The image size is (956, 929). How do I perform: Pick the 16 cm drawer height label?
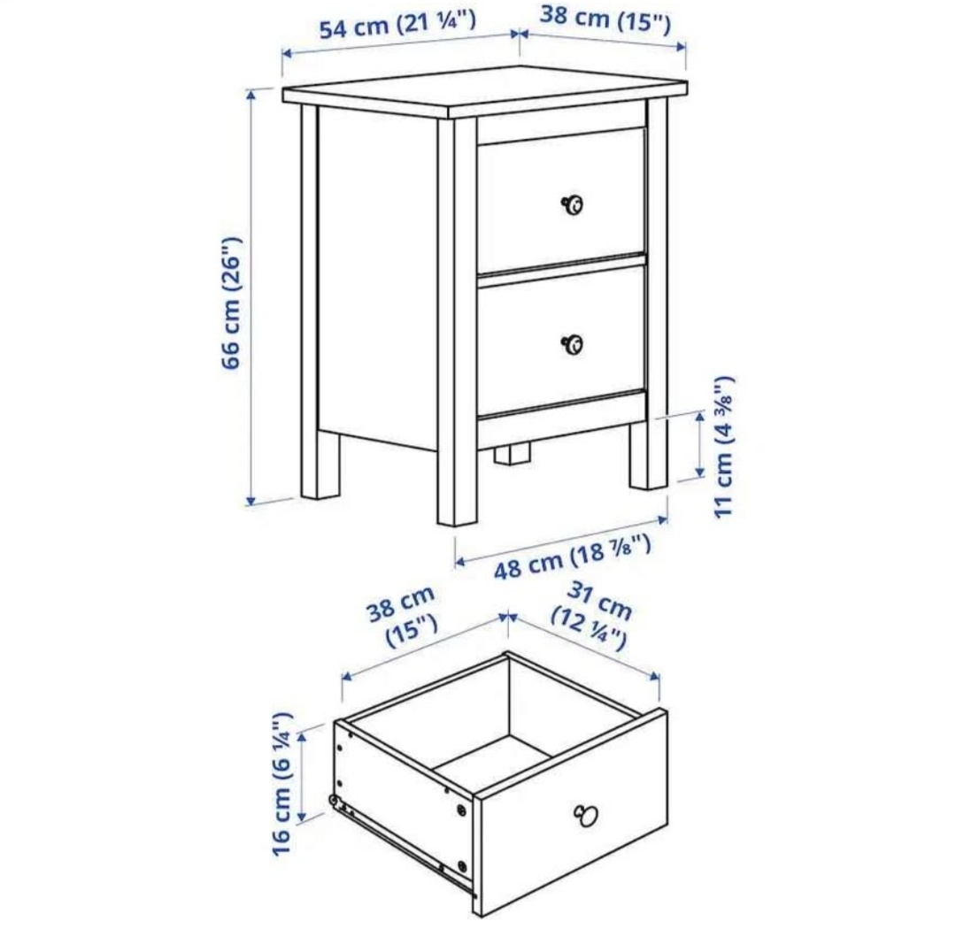282,782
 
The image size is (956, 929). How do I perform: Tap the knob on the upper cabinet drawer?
573,205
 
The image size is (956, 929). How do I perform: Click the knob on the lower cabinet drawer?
573,344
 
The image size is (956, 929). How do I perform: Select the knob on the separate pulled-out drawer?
586,815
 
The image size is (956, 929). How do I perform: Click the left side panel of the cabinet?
376,274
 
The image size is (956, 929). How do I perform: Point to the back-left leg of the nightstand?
320,464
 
